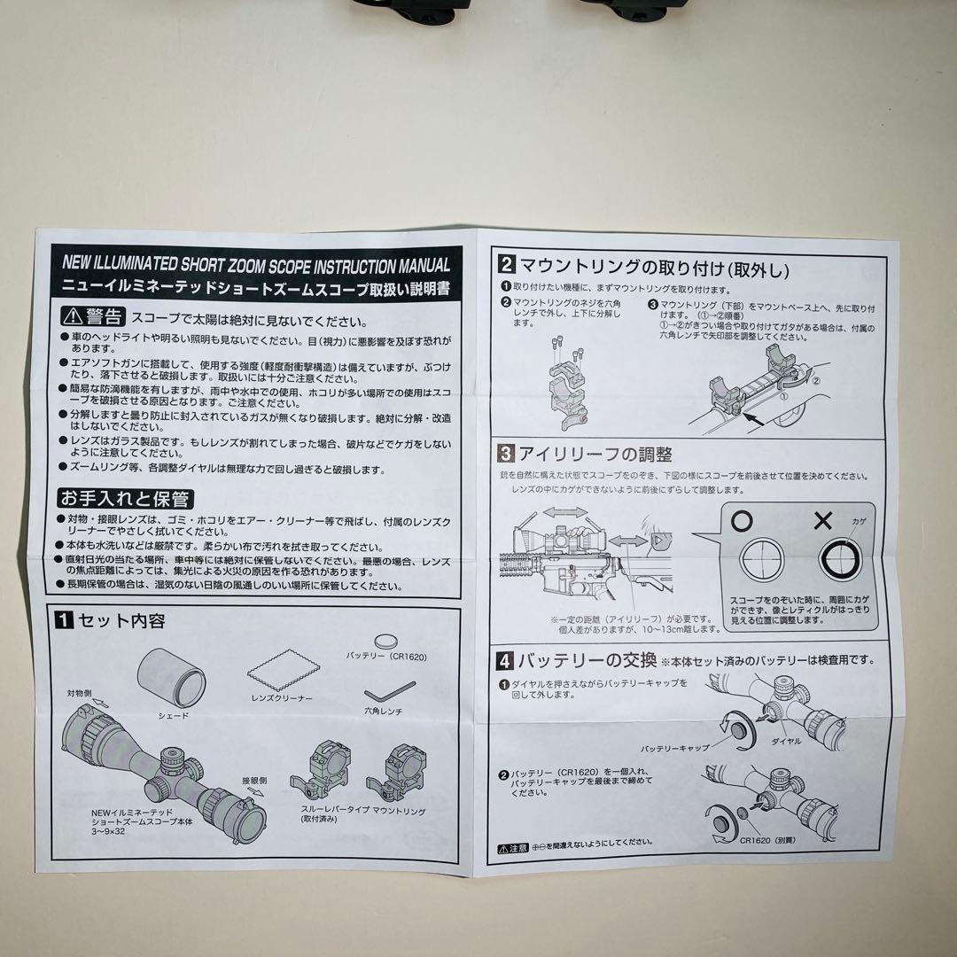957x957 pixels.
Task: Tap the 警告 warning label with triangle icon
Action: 92,317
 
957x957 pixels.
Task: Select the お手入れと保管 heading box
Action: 125,498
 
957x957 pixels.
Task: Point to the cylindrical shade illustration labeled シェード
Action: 171,679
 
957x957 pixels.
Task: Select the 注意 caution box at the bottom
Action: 512,847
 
